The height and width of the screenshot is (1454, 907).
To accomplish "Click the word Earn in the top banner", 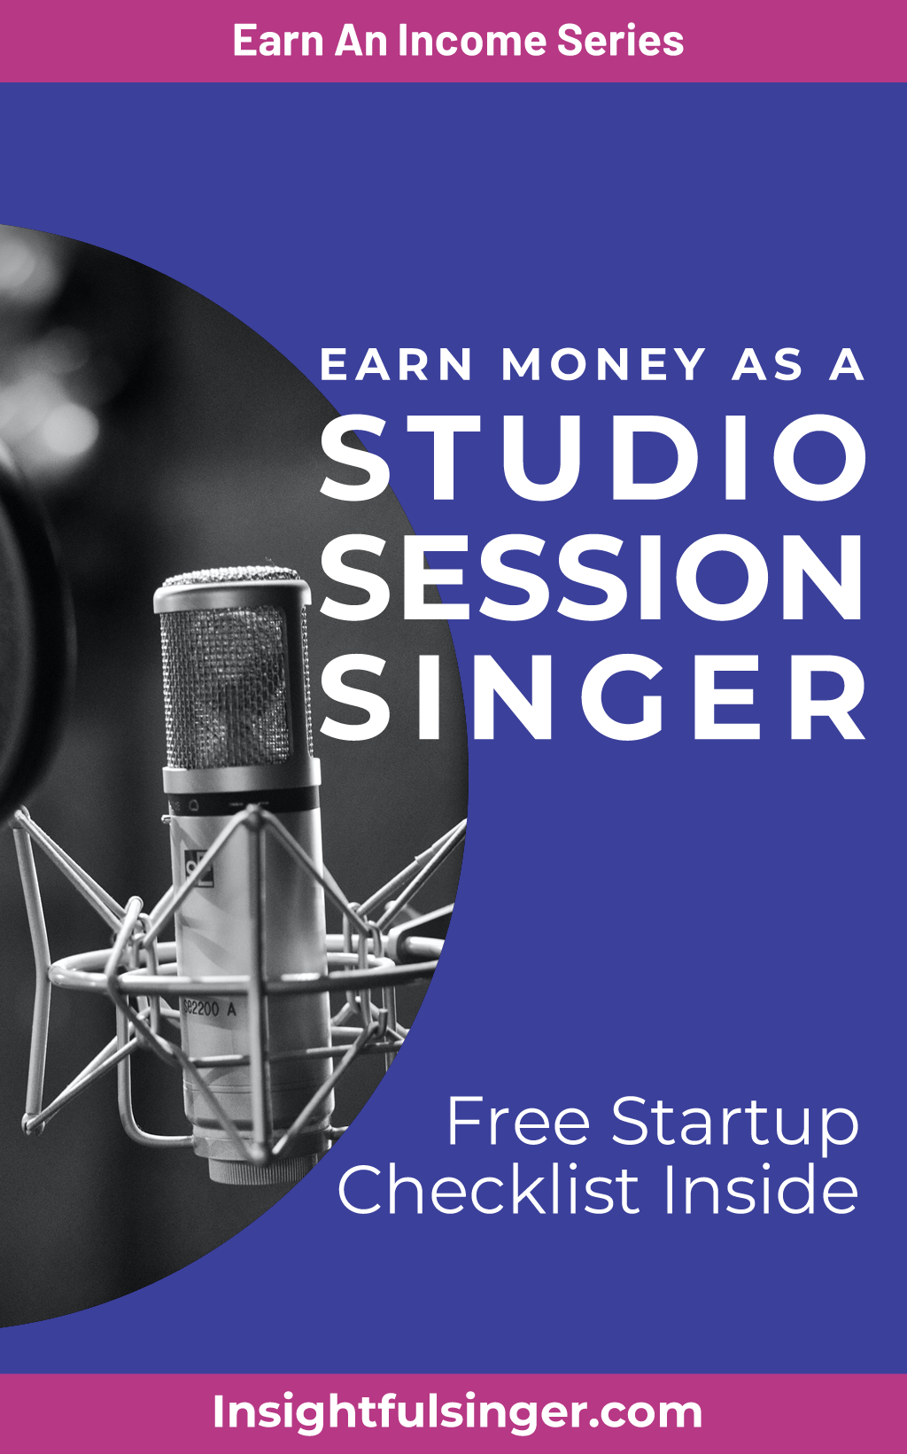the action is coord(278,41).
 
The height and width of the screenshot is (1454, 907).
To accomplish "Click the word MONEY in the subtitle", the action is coord(603,364).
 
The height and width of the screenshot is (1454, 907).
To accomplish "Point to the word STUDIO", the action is coord(593,457).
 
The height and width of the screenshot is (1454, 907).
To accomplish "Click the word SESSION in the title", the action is coord(592,577).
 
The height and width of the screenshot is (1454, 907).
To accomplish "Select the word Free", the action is coord(518,1123).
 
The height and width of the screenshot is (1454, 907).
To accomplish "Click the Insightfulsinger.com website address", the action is coord(457,1412).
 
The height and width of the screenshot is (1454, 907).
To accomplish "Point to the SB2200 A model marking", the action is coord(209,1009).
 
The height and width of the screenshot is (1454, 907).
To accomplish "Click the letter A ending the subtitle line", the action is coord(848,364).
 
